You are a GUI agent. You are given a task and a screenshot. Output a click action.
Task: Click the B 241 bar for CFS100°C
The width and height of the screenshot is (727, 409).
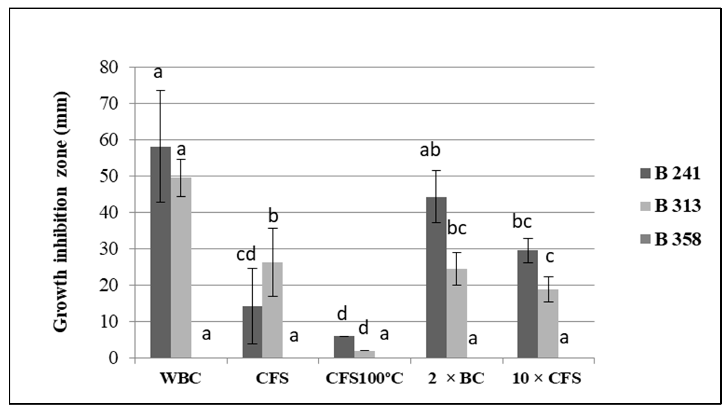[x=344, y=347]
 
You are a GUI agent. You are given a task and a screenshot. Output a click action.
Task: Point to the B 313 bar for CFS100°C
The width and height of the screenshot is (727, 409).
[x=365, y=354]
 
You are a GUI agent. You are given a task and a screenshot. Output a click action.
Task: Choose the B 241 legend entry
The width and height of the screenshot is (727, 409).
[x=670, y=174]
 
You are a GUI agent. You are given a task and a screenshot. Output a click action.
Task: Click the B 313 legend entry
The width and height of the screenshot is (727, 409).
[x=670, y=206]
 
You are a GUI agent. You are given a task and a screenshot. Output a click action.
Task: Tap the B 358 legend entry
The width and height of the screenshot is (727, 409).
[x=670, y=239]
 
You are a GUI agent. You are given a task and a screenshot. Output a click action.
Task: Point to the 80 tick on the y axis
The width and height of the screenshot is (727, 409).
[x=109, y=68]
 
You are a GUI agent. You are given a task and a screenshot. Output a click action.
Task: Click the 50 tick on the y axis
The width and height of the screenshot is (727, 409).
[x=109, y=176]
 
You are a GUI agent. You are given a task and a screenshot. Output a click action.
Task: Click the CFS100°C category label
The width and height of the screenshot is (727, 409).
[x=365, y=378]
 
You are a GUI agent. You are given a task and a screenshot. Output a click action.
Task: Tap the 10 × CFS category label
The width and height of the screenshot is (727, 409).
[x=547, y=378]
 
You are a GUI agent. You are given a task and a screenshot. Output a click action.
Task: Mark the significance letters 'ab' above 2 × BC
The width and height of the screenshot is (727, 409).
[x=430, y=150]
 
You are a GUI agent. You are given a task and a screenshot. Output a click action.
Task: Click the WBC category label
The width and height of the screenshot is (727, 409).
[x=181, y=378]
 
